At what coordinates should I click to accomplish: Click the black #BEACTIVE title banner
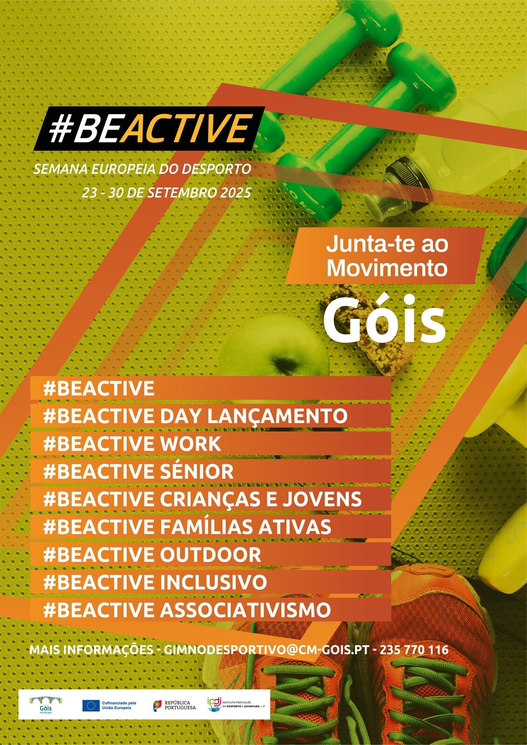(148, 129)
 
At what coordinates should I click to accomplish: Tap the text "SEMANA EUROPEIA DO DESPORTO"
(142, 169)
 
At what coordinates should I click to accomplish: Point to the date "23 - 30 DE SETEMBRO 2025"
(166, 192)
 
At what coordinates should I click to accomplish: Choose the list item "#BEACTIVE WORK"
(132, 444)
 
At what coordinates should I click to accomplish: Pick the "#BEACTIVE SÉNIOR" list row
(138, 472)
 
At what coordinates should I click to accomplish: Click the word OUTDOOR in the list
(210, 555)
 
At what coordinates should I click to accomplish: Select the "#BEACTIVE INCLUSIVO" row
(155, 582)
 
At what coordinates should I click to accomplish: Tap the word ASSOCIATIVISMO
(245, 610)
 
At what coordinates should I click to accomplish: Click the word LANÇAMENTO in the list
(277, 416)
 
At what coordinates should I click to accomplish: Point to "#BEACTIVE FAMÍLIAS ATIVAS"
(187, 527)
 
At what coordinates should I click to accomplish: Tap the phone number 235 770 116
(414, 650)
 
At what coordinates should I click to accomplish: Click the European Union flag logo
(90, 705)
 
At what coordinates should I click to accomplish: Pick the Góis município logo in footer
(46, 705)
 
